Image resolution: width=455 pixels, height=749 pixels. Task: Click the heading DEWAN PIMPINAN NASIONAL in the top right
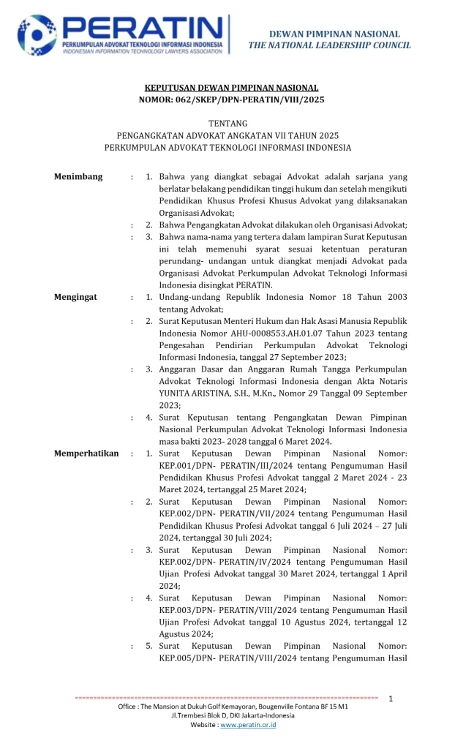click(x=334, y=34)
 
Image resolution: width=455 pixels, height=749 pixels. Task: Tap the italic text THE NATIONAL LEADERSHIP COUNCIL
click(x=329, y=45)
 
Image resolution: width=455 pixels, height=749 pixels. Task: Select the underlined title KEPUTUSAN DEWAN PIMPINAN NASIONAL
click(x=227, y=87)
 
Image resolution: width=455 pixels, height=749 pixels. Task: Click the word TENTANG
click(x=227, y=123)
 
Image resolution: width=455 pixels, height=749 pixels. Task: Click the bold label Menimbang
click(x=78, y=177)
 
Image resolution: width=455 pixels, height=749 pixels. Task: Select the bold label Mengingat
click(x=76, y=297)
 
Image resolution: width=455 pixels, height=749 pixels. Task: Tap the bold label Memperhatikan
click(x=86, y=453)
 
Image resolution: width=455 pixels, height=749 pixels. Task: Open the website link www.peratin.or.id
click(x=248, y=725)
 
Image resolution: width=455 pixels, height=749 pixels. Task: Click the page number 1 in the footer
click(x=391, y=699)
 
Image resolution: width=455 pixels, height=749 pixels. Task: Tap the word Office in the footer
click(x=129, y=708)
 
